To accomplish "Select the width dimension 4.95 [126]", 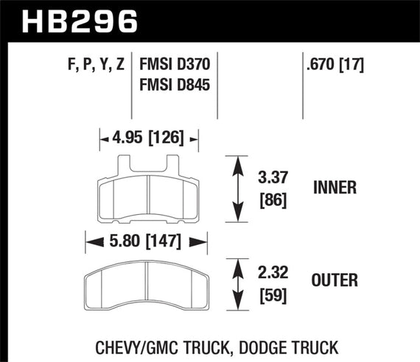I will tap(149, 137).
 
